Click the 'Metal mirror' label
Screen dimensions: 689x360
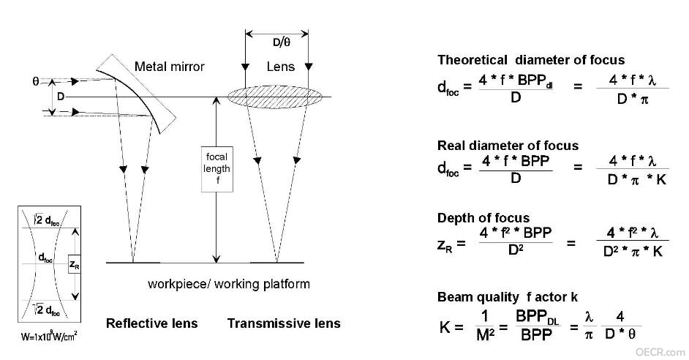click(169, 67)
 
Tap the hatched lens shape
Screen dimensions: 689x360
click(275, 97)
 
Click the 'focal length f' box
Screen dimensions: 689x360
click(217, 169)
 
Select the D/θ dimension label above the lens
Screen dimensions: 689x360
click(281, 42)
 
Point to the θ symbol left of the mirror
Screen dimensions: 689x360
click(36, 81)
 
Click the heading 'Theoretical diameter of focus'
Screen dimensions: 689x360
click(531, 60)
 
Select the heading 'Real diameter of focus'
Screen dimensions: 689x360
click(508, 146)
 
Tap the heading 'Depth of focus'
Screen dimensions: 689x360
click(483, 218)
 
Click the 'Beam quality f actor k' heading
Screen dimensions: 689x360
click(508, 297)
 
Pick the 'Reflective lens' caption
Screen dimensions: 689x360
click(151, 323)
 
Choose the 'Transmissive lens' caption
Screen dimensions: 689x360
click(284, 323)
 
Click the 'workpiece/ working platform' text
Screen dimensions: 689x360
click(229, 284)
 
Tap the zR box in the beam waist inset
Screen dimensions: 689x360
click(75, 264)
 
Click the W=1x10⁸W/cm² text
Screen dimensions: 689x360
click(49, 337)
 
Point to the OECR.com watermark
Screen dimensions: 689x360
click(660, 352)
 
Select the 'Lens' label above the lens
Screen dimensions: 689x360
click(280, 67)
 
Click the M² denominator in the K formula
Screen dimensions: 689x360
click(485, 335)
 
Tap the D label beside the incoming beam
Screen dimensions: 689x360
click(61, 97)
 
